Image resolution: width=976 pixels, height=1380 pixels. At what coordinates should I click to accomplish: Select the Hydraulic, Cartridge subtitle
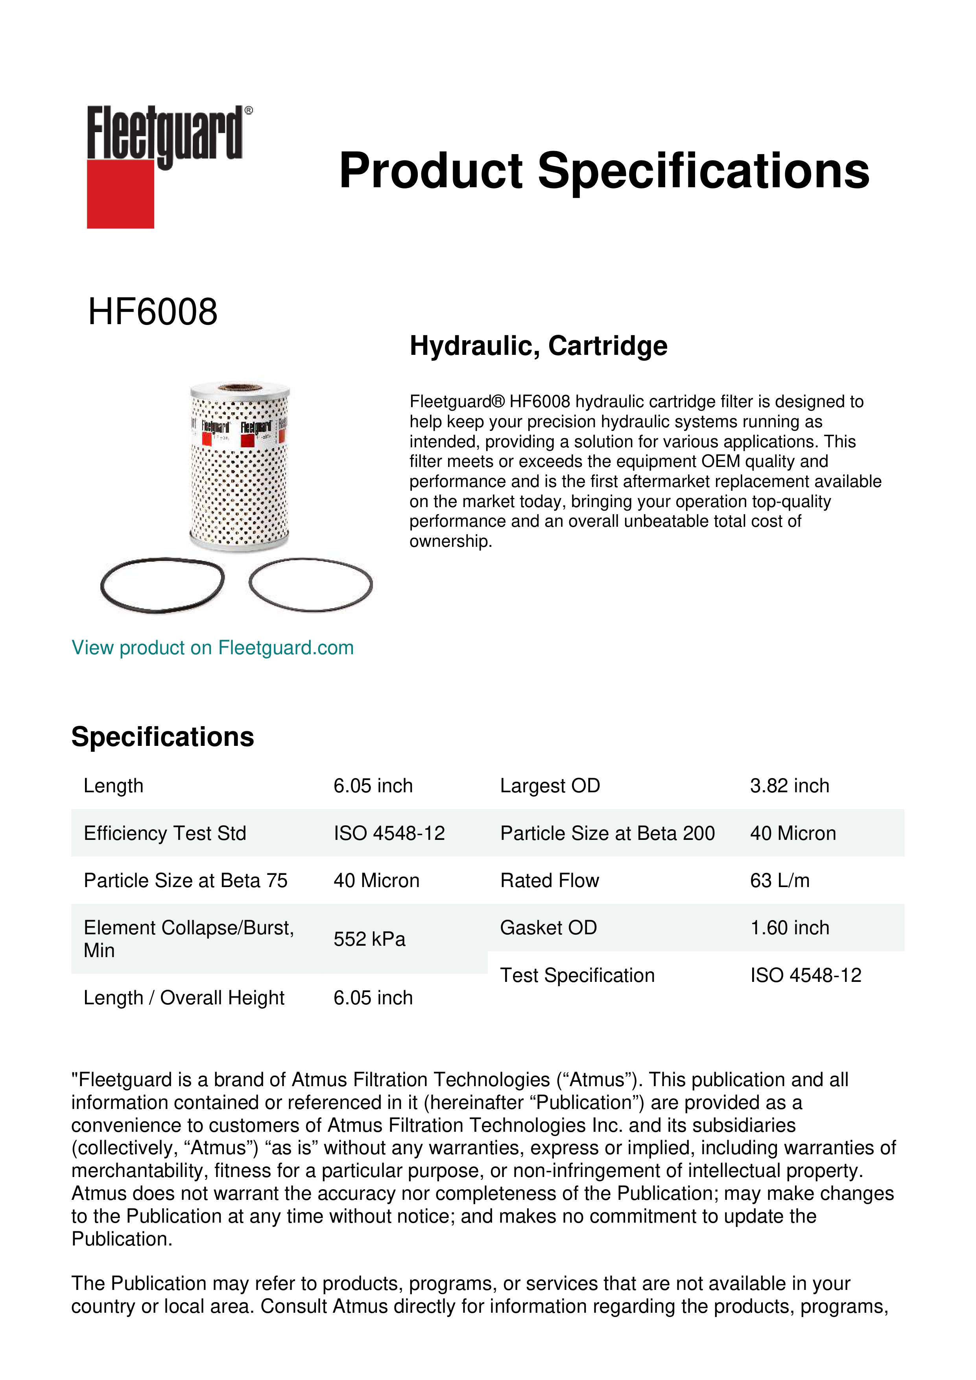pos(539,346)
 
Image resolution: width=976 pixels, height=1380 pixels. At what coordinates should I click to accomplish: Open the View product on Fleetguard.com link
pos(212,648)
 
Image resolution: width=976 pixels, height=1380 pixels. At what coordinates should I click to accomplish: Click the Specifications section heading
pos(162,736)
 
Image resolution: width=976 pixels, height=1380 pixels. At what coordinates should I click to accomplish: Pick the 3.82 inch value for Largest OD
pos(789,786)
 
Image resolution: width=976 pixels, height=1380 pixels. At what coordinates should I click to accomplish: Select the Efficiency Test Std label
pos(165,833)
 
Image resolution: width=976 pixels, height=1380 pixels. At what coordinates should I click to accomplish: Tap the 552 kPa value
pos(369,939)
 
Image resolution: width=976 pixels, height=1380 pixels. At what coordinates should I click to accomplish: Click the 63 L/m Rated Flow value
pos(779,880)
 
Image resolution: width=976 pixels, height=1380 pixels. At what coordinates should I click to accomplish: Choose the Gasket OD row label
pos(548,928)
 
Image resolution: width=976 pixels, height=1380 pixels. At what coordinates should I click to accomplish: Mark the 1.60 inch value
pos(789,928)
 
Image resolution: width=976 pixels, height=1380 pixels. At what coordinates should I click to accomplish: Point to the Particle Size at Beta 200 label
pos(607,833)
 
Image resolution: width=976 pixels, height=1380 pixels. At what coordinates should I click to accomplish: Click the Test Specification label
pos(577,975)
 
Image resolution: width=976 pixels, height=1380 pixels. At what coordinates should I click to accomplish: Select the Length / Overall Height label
pos(183,998)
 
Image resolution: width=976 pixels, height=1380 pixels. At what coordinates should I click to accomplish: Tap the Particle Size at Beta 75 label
pos(185,880)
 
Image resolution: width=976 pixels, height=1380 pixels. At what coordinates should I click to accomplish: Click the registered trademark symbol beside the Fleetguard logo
pos(249,111)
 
